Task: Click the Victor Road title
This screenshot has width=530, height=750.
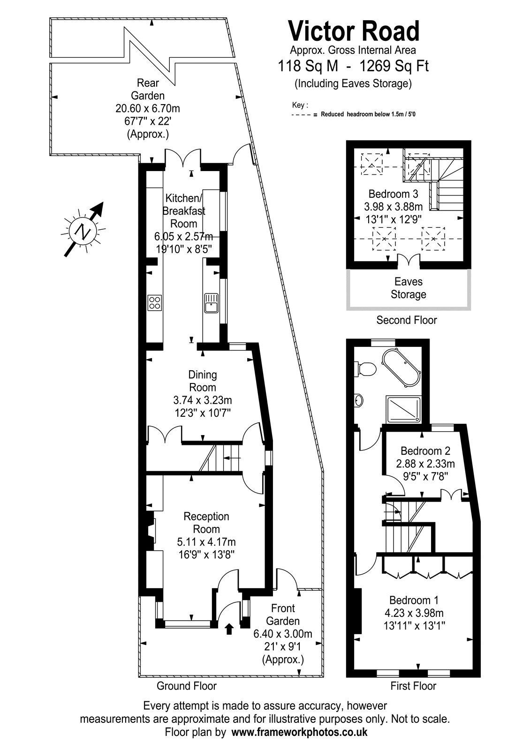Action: click(354, 32)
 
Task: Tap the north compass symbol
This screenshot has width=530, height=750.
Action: click(83, 231)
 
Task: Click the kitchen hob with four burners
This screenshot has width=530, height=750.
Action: click(155, 302)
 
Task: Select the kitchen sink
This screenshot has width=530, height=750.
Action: click(211, 302)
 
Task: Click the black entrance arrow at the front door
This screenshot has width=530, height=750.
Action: click(229, 629)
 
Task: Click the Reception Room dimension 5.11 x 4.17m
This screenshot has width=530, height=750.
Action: click(206, 542)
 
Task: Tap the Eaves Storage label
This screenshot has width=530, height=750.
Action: click(408, 288)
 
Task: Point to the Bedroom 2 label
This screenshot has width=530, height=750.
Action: click(425, 451)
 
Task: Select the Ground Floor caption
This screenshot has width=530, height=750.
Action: click(187, 686)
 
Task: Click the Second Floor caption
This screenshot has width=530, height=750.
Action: click(407, 320)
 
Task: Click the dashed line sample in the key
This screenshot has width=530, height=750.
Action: click(302, 114)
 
